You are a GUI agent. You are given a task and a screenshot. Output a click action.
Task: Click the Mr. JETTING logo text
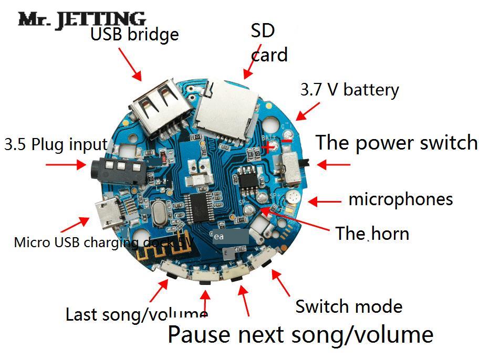click(x=81, y=19)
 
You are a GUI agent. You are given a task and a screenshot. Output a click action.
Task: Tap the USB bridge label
click(x=134, y=35)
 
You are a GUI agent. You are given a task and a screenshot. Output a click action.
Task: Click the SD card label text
click(x=268, y=43)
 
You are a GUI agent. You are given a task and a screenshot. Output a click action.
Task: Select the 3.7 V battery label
click(x=349, y=90)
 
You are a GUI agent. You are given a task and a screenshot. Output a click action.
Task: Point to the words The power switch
click(x=397, y=143)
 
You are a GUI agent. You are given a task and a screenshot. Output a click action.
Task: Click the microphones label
click(x=400, y=199)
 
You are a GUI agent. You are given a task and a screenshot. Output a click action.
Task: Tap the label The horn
click(x=372, y=233)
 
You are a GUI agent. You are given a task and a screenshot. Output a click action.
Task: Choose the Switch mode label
click(x=349, y=306)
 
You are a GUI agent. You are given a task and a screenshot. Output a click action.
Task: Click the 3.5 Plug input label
click(x=56, y=144)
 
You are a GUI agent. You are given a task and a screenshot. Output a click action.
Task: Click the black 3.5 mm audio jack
click(x=117, y=170)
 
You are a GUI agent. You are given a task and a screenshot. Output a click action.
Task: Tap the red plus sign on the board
click(x=268, y=147)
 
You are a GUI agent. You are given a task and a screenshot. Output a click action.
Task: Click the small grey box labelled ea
click(x=230, y=237)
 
